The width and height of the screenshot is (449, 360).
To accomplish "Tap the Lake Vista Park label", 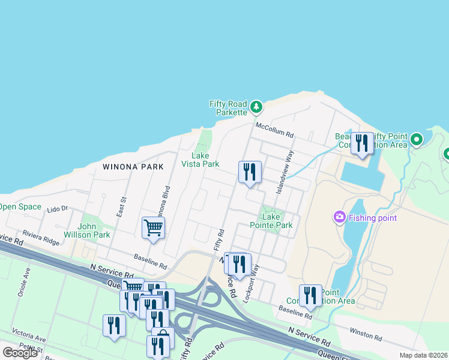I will (x=200, y=160).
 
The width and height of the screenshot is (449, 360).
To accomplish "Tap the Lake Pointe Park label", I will (x=277, y=221).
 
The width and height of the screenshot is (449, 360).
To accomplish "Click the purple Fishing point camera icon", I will (x=340, y=217).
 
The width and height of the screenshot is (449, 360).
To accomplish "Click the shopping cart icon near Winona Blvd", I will (x=153, y=228).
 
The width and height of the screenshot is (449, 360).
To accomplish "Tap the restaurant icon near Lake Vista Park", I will (x=249, y=172).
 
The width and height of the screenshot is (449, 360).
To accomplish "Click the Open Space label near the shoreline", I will (x=19, y=206).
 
